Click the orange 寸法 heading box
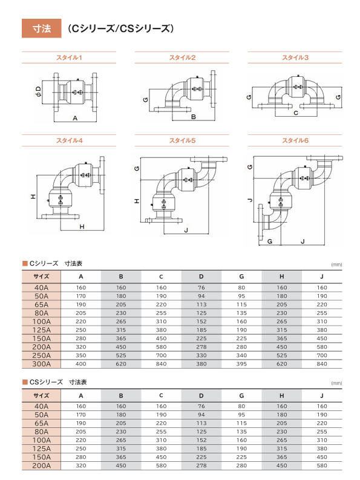click(x=42, y=28)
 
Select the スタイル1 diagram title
click(x=69, y=58)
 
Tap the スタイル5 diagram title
click(x=183, y=140)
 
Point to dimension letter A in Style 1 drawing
click(x=75, y=118)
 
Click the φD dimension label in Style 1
click(x=38, y=92)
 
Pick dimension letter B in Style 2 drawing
click(x=194, y=117)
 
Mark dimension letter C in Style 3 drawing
click(x=296, y=113)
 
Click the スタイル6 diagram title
click(x=295, y=140)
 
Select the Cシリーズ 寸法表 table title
click(x=53, y=263)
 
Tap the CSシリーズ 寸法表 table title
click(x=55, y=383)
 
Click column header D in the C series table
click(x=201, y=277)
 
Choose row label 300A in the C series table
click(x=42, y=364)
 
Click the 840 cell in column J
click(x=322, y=364)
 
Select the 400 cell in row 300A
click(x=81, y=364)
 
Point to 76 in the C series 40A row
click(x=201, y=288)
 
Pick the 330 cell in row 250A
click(x=201, y=355)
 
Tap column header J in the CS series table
click(x=322, y=395)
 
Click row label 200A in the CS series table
click(x=42, y=465)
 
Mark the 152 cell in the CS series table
click(x=201, y=440)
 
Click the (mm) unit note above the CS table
click(x=336, y=383)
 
